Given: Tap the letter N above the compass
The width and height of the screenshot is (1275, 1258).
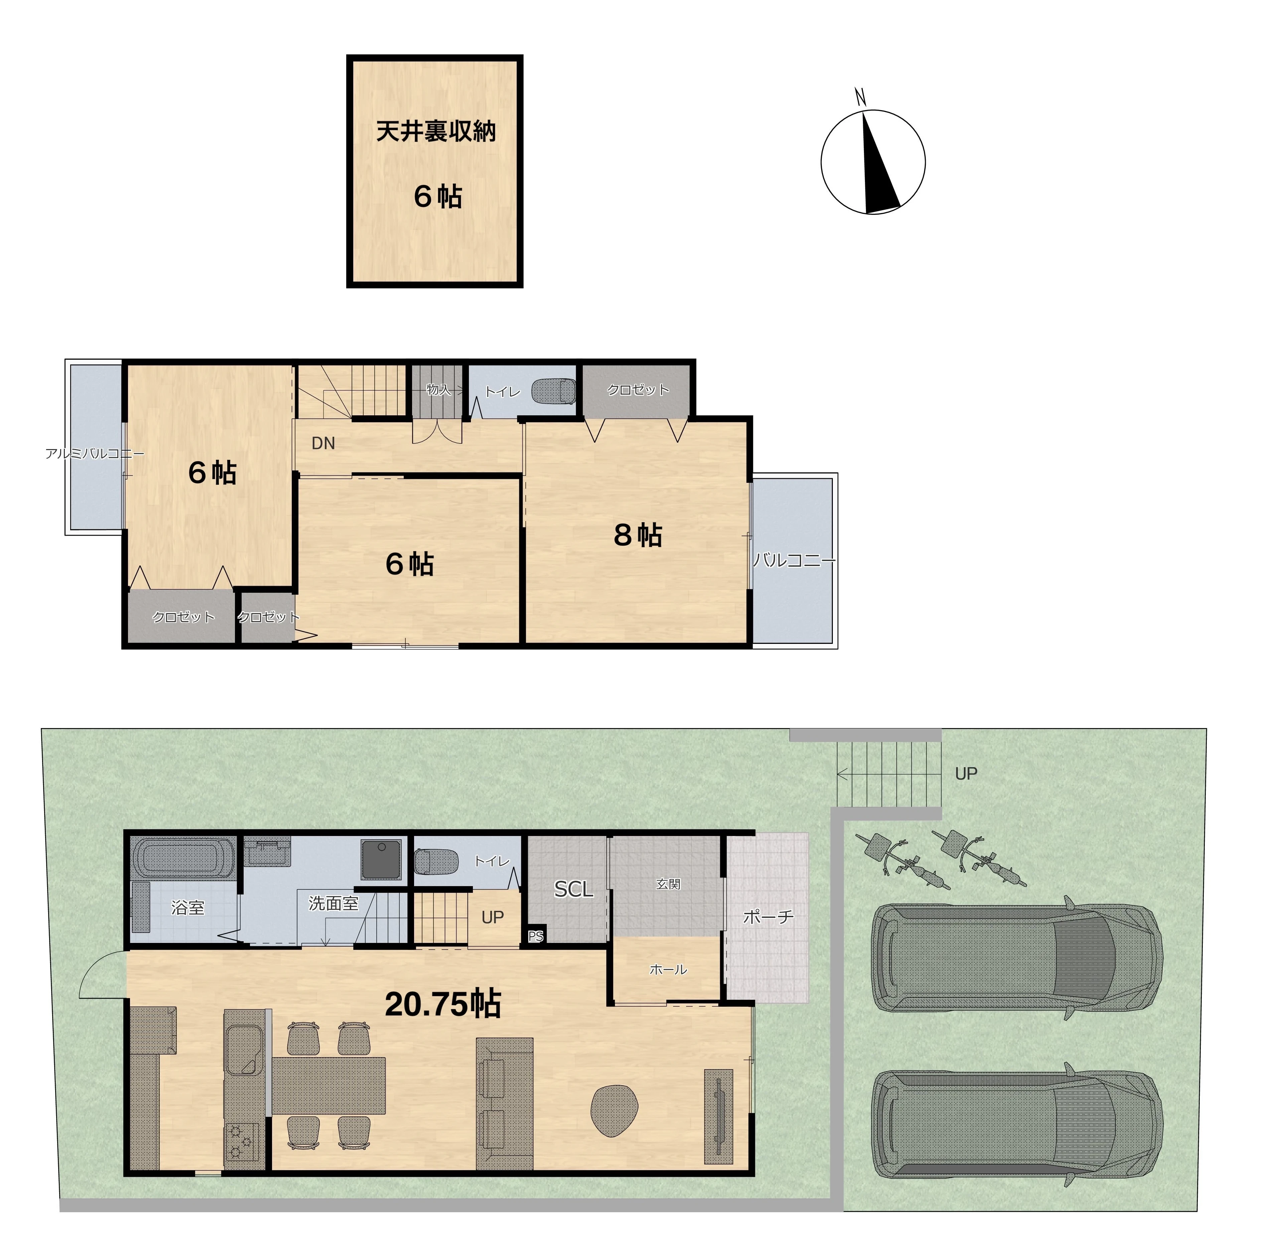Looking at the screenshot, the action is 860,98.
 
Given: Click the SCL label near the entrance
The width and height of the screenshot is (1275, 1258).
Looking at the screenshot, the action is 573,890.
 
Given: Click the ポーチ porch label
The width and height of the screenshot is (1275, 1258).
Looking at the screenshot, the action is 768,916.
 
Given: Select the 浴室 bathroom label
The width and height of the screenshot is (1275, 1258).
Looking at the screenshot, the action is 187,908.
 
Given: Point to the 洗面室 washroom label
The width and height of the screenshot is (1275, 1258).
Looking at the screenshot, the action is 333,903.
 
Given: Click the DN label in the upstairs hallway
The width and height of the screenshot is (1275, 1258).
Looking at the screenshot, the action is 324,443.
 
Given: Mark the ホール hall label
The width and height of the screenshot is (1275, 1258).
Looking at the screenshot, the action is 668,969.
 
